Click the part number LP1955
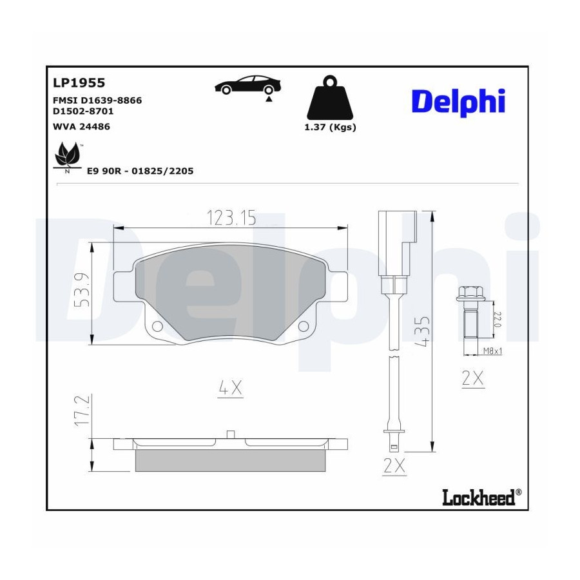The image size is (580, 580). coord(79,82)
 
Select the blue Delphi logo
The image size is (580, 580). coord(458,102)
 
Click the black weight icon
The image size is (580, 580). coord(330,97)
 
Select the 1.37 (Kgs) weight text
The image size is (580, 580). coord(330,127)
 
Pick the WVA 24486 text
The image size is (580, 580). coord(81,126)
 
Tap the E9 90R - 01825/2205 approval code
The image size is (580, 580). coord(140,171)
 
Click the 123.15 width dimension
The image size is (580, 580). coord(231,218)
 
